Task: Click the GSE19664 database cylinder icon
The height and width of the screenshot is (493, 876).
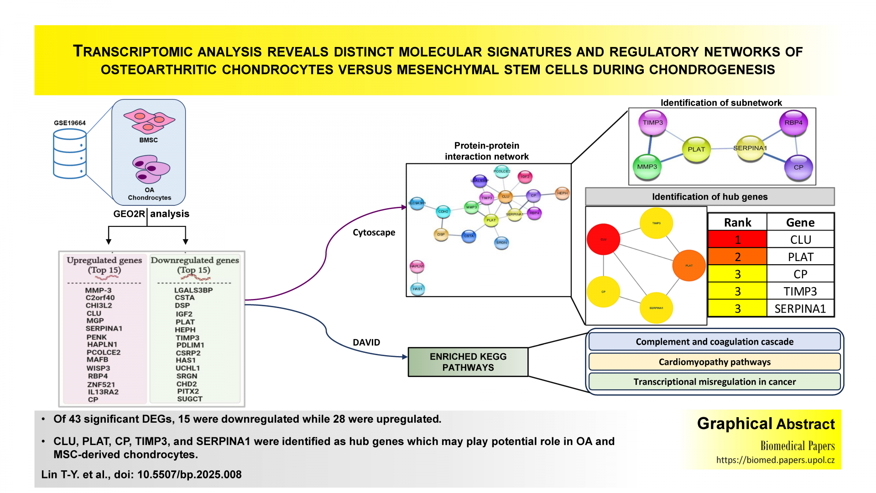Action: [x=70, y=154]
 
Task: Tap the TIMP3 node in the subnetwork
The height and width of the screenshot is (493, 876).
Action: [x=653, y=123]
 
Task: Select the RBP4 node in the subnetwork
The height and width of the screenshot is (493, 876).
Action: [x=793, y=123]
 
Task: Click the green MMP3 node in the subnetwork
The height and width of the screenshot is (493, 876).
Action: [x=647, y=167]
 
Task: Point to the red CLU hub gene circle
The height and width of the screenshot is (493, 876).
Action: [x=603, y=239]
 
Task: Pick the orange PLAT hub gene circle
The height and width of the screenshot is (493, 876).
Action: [x=689, y=265]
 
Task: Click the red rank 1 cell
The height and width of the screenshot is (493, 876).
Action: [x=737, y=240]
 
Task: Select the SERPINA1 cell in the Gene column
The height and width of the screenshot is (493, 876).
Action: [x=800, y=309]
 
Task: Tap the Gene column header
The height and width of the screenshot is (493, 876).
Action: [x=800, y=222]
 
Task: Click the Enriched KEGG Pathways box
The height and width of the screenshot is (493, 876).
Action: [x=468, y=362]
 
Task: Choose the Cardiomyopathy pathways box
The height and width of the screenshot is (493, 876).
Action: [x=714, y=362]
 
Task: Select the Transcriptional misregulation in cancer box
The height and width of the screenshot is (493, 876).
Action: [x=714, y=382]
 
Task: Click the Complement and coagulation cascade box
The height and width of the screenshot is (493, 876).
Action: [x=714, y=342]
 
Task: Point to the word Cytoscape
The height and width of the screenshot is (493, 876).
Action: [x=374, y=232]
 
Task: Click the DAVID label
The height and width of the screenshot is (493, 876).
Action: [x=366, y=342]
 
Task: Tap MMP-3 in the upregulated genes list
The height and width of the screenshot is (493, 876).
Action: [x=98, y=290]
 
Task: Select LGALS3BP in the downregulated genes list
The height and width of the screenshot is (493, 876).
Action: [x=193, y=290]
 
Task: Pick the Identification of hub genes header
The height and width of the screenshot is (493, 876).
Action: [x=709, y=197]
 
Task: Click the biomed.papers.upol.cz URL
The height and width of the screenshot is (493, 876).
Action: [x=775, y=460]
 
